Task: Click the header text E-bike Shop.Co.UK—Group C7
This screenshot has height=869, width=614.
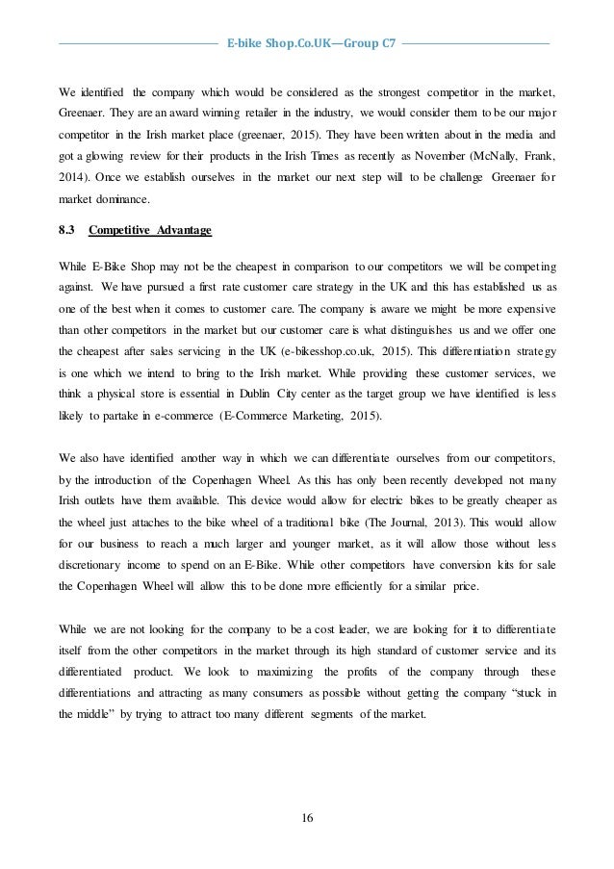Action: [308, 43]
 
